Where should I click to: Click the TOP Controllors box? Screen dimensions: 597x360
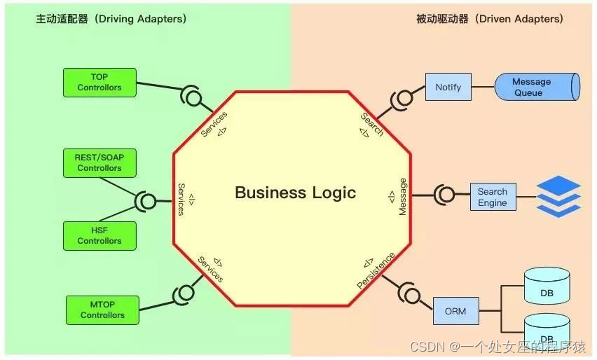tap(99, 83)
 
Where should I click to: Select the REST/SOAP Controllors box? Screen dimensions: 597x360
tap(99, 163)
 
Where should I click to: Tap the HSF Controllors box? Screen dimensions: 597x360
tap(99, 236)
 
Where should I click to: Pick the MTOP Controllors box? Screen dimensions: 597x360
tap(102, 310)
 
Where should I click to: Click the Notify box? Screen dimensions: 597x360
tap(448, 87)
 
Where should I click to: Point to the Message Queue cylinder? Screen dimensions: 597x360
tap(537, 87)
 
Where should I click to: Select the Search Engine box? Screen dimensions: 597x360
tap(493, 197)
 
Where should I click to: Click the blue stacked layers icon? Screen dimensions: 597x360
tap(558, 196)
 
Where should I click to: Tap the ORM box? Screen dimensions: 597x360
tap(455, 311)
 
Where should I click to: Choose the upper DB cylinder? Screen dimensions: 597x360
tap(547, 286)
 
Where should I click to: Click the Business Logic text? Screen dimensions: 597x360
tap(296, 193)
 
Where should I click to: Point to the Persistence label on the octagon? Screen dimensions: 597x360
tap(376, 270)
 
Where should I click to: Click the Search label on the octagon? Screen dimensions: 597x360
tap(372, 124)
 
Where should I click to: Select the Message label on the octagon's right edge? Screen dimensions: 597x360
tap(402, 197)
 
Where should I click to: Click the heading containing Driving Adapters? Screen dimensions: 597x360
tap(111, 19)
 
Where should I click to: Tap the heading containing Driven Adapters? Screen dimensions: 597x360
tap(490, 19)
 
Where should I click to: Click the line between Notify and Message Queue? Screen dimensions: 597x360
tap(483, 87)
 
